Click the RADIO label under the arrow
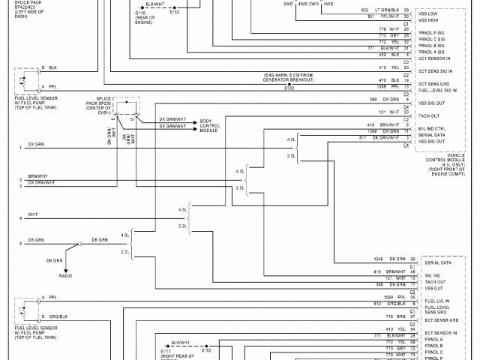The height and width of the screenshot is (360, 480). pos(67,277)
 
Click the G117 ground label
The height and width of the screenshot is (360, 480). pos(166,349)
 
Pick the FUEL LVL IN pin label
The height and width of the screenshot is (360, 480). pos(438,300)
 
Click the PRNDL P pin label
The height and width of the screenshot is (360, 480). pos(436,358)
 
